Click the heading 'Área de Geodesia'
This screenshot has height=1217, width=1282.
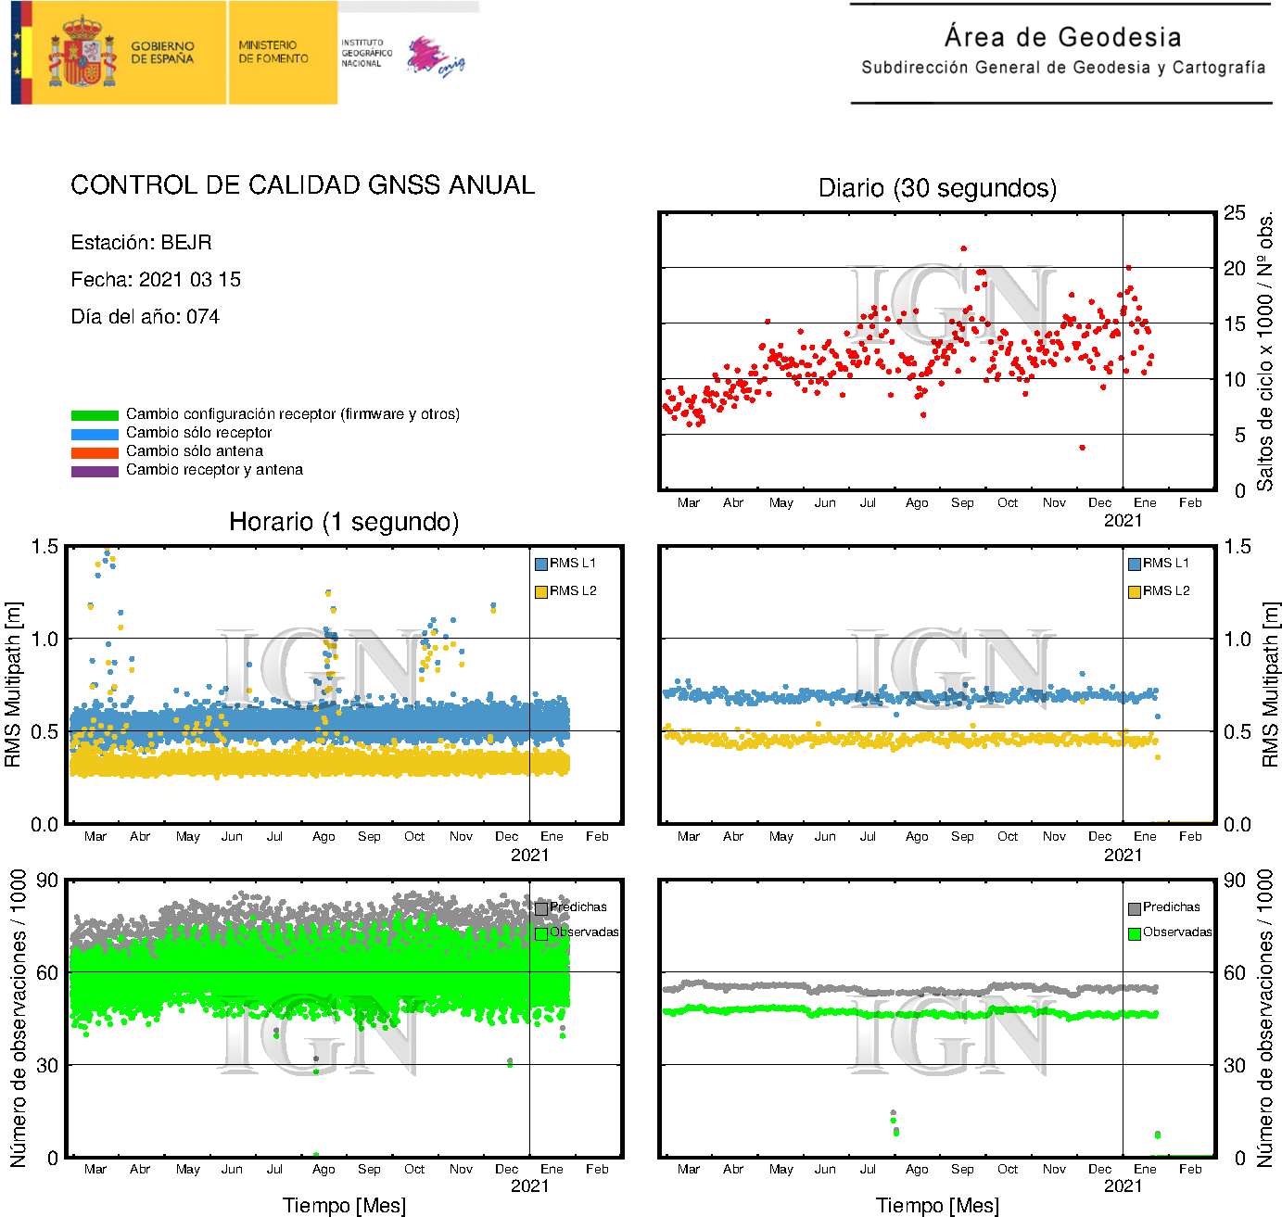tap(1062, 37)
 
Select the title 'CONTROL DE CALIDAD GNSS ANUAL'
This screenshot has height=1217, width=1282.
tap(302, 185)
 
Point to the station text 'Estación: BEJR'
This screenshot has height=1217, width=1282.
tap(141, 243)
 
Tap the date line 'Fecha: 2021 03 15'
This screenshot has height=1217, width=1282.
tap(156, 280)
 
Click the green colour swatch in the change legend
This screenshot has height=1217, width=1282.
tap(95, 415)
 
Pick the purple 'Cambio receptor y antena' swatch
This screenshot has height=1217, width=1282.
tap(95, 471)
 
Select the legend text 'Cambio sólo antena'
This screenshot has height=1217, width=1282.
tap(195, 451)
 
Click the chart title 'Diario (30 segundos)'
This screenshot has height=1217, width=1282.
tap(937, 188)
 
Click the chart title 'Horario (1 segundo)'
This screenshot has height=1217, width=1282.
tap(344, 522)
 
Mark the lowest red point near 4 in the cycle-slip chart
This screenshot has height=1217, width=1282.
tap(1082, 448)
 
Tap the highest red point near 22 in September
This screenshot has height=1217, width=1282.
tap(964, 248)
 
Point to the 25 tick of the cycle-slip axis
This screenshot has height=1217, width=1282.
tap(1234, 213)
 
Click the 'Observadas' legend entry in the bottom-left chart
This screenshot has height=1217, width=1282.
tap(577, 932)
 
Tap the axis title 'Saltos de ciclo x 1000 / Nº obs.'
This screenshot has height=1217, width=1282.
tap(1265, 352)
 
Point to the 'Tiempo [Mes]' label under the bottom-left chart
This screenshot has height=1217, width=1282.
tap(344, 1205)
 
